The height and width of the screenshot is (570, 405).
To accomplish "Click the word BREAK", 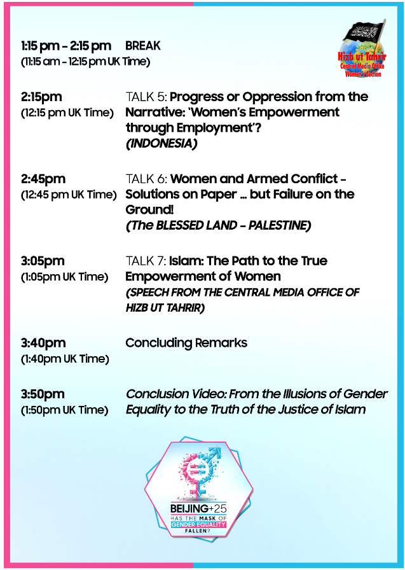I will point(143,46).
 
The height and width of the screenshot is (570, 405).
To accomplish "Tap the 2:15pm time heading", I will point(41,97).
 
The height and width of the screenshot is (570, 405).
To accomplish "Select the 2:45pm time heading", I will point(43,179).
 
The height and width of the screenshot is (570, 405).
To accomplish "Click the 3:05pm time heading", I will point(43,261).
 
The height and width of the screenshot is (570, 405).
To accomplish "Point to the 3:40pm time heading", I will point(43,343).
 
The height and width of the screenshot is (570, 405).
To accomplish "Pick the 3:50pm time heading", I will point(43,394).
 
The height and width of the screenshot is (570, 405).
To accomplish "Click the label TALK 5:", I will point(146,97).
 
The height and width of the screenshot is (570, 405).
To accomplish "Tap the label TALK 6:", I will point(146,179).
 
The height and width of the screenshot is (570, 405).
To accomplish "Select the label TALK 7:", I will point(146,261).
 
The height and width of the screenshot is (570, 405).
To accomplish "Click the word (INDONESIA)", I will point(161,143).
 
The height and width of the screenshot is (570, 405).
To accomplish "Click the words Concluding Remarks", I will point(186,343).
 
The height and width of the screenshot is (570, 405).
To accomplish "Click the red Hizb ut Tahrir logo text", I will point(362,57).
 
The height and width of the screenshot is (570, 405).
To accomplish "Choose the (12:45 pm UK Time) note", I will point(69,194).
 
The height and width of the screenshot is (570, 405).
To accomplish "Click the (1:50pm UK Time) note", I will point(64,410).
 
